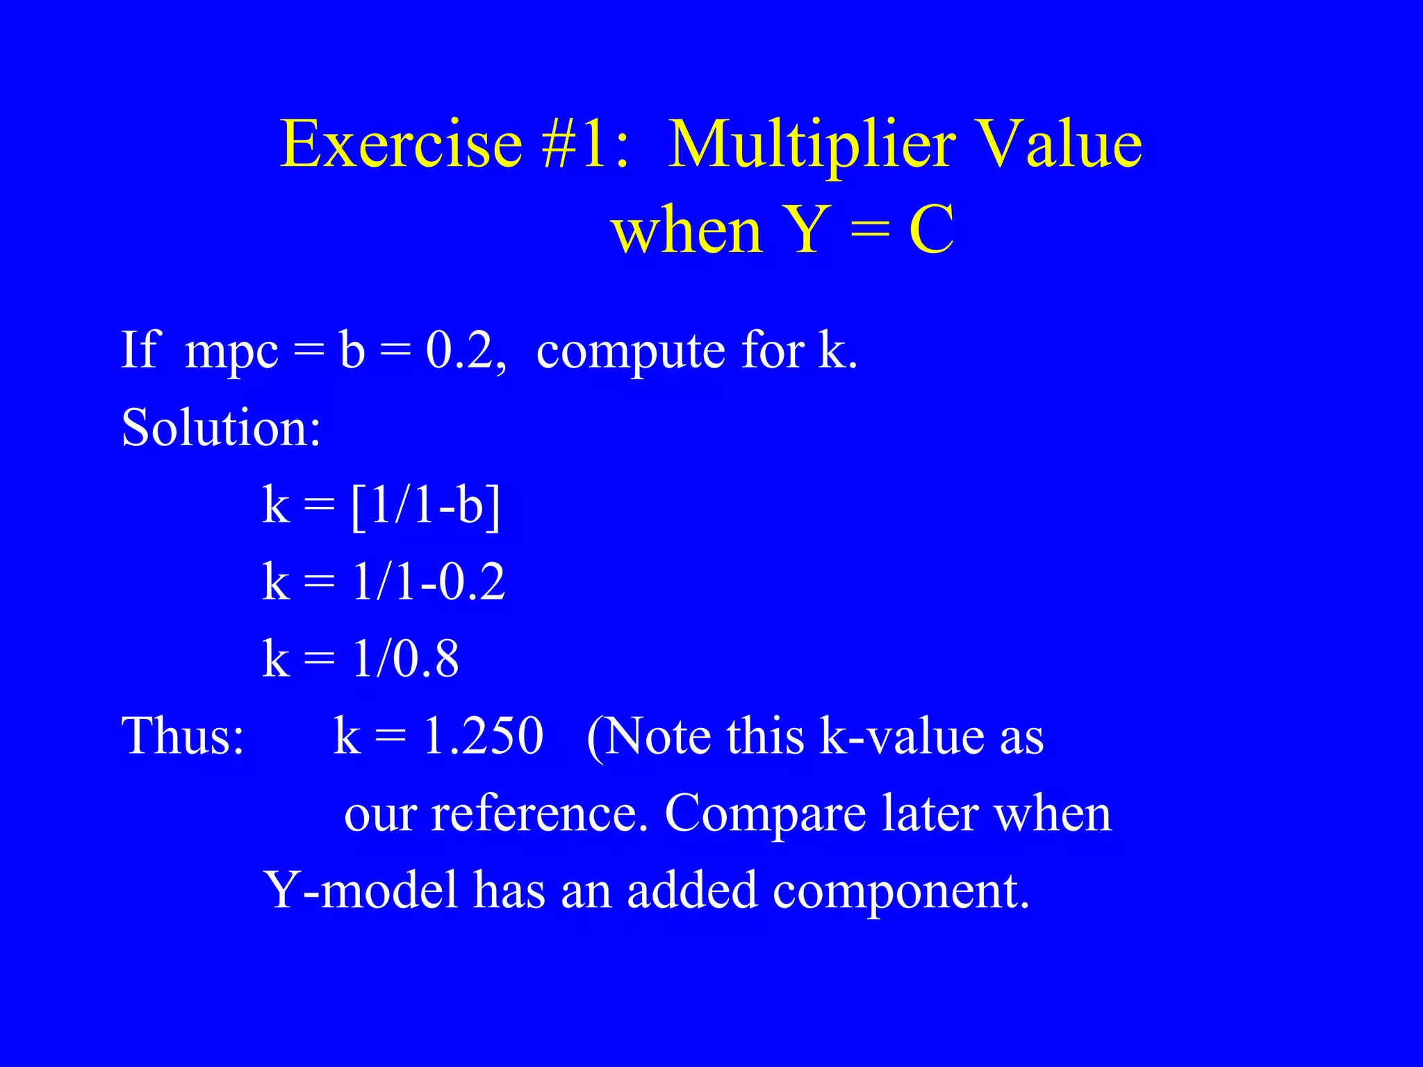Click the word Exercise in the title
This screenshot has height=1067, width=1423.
click(x=401, y=144)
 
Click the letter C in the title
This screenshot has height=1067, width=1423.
click(x=931, y=231)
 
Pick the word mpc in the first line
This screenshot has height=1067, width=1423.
click(x=231, y=351)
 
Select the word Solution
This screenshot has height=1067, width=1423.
click(x=221, y=427)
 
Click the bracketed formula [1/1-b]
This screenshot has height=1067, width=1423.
click(x=425, y=505)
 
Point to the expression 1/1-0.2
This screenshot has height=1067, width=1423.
click(x=428, y=581)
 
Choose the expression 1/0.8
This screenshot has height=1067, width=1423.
click(x=405, y=659)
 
